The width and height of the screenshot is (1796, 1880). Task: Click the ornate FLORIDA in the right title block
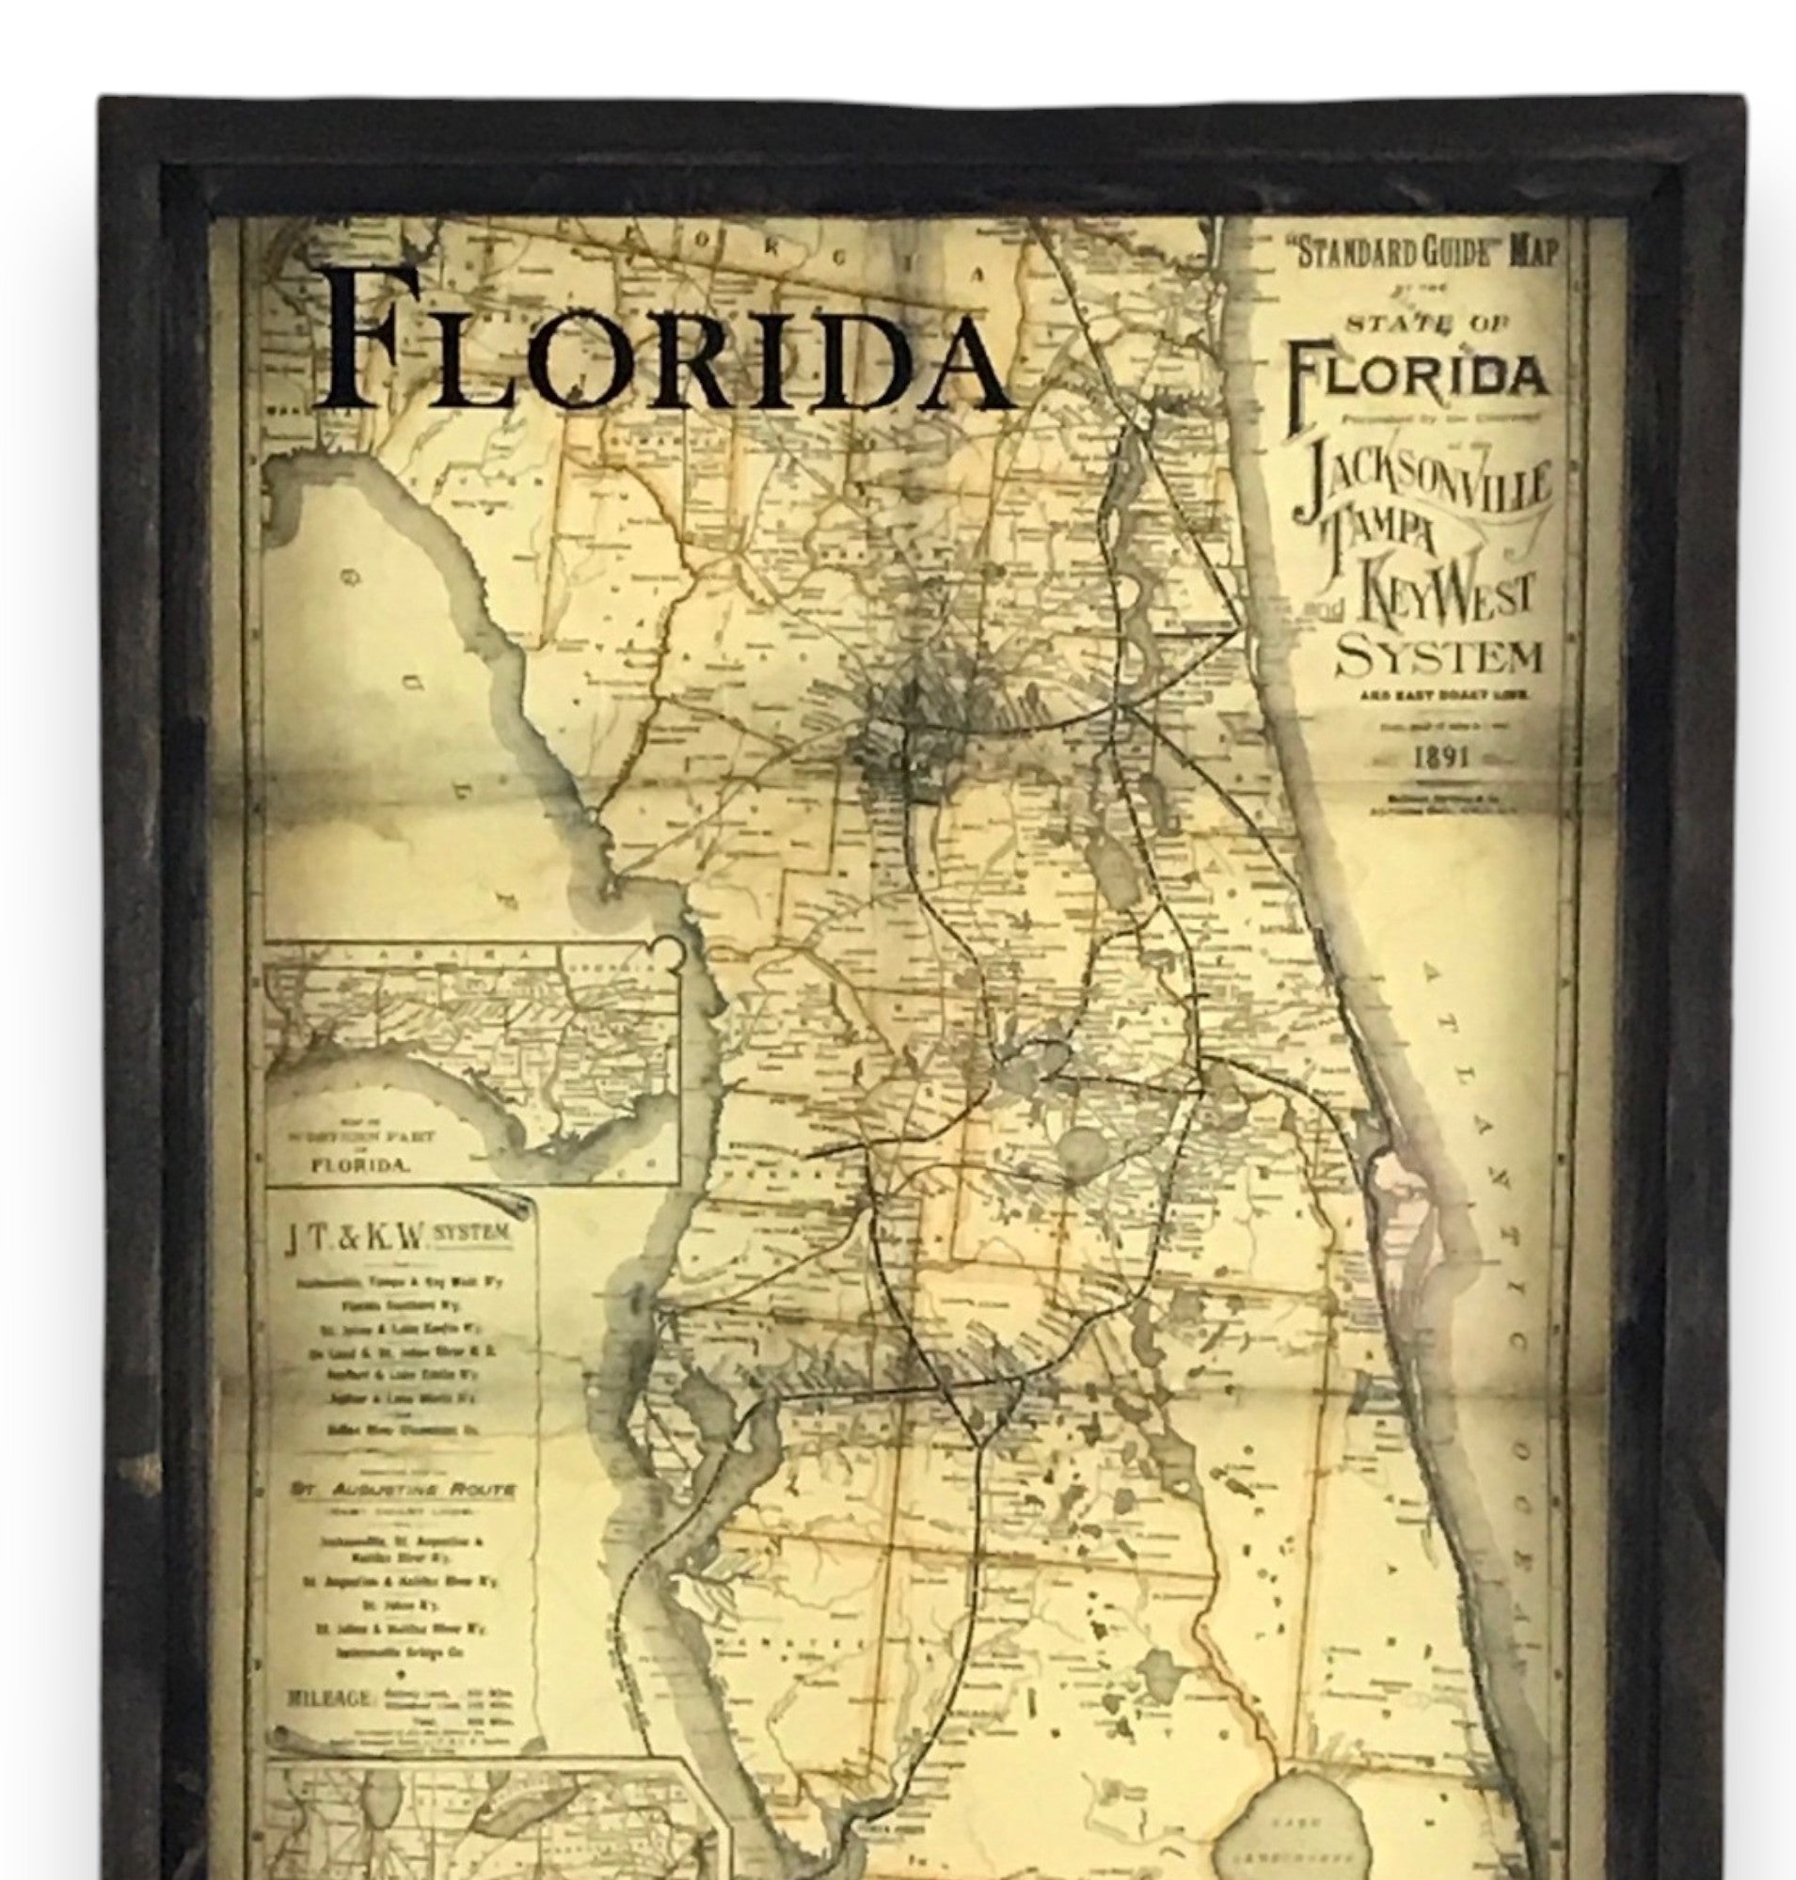[1417, 375]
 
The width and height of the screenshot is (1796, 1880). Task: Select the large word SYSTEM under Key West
[1438, 658]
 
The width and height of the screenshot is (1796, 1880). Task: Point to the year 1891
[1440, 756]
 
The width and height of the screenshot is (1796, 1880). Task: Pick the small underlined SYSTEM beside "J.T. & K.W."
[471, 1233]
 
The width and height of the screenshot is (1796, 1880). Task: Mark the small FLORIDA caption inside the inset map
[359, 1166]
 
